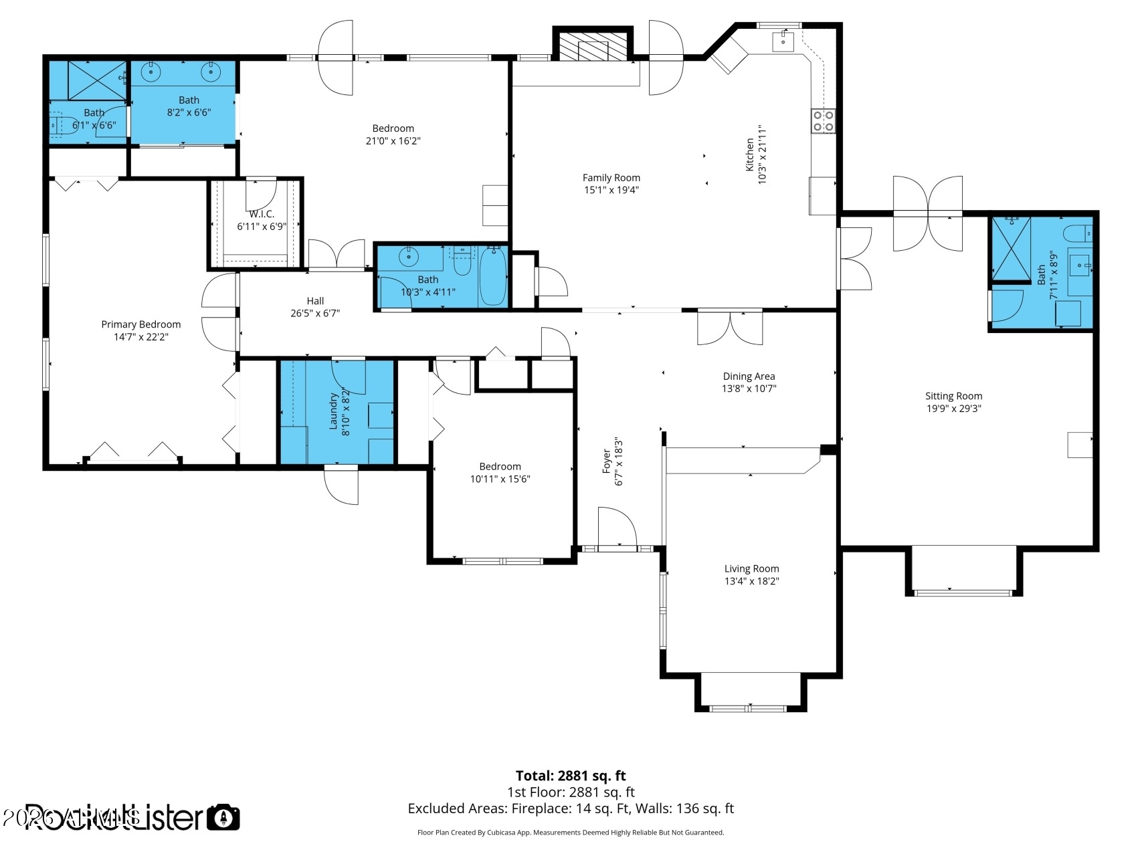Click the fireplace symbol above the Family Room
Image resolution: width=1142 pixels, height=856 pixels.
(592, 47)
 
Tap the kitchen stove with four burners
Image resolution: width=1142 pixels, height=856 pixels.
(823, 121)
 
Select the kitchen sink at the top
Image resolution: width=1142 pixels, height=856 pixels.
(783, 41)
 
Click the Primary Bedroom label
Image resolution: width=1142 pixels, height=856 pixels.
(141, 324)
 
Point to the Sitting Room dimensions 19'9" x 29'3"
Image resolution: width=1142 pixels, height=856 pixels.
(953, 409)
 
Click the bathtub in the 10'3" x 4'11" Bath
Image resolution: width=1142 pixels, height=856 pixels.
(493, 276)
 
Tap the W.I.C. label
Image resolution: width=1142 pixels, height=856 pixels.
(262, 214)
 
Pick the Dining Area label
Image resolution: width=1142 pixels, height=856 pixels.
(749, 377)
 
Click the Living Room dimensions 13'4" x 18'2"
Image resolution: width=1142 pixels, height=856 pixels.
(751, 581)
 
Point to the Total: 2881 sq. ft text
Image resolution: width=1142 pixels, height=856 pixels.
(571, 776)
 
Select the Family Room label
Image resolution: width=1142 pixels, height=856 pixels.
(611, 178)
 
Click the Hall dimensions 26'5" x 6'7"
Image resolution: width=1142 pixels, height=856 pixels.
(315, 313)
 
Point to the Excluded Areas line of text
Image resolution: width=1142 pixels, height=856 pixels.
(571, 809)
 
